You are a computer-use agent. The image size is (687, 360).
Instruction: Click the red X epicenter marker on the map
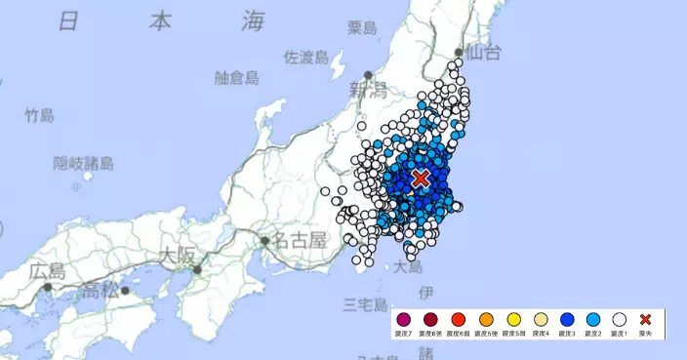[x=421, y=178]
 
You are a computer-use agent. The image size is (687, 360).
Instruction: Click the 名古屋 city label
[x=300, y=239]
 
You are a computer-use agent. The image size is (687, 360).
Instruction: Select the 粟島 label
[x=362, y=28]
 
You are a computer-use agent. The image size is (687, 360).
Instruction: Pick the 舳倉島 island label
[x=236, y=77]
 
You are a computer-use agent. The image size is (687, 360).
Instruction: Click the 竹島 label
[x=39, y=115]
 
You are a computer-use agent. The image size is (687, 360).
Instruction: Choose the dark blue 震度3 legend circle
[x=565, y=319]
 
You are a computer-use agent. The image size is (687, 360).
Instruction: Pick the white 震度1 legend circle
[x=618, y=319]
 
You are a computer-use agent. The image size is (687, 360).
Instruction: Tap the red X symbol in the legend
[x=645, y=319]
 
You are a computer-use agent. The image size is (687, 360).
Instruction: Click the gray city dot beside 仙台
[x=460, y=55]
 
